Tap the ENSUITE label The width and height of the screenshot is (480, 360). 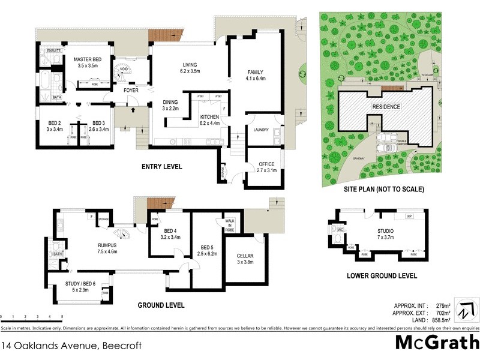[x=53, y=51]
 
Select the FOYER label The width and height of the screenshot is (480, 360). [x=131, y=91]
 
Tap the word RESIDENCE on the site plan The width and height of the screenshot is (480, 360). [x=386, y=107]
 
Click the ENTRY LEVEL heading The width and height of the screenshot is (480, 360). [x=161, y=167]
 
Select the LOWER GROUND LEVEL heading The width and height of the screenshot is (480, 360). [x=382, y=276]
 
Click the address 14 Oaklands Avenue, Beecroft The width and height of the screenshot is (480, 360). [x=62, y=346]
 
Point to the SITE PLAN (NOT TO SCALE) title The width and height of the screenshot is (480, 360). [x=384, y=189]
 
